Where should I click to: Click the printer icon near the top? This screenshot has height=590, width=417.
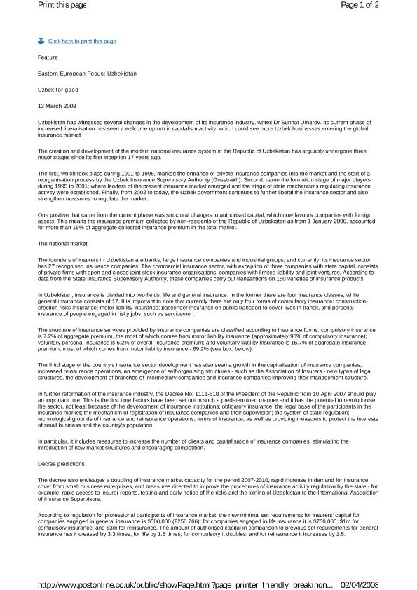[x=41, y=41]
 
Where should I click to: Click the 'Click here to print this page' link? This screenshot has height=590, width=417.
[x=82, y=41]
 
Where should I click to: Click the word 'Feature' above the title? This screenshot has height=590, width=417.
[x=48, y=57]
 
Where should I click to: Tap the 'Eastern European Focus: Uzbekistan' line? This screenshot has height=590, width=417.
[x=87, y=73]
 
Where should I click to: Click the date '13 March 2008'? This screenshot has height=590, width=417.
[x=57, y=106]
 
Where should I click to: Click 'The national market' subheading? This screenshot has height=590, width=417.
[x=62, y=243]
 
